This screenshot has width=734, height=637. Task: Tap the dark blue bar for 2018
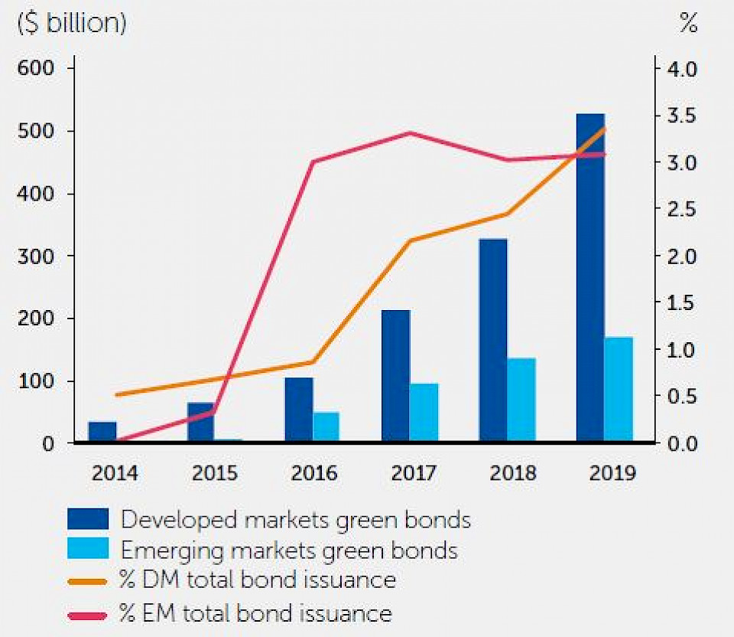click(x=493, y=340)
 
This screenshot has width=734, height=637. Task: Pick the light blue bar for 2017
click(x=424, y=412)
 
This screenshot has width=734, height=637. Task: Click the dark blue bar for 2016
click(x=299, y=410)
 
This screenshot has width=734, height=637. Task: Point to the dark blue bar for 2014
click(x=102, y=432)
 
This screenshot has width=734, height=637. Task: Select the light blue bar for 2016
click(x=326, y=426)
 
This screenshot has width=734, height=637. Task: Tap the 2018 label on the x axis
click(x=513, y=473)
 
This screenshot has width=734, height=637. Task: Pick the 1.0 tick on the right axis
click(x=683, y=350)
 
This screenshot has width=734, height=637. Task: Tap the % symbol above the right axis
click(x=688, y=24)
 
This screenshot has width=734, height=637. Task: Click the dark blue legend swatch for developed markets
click(x=88, y=520)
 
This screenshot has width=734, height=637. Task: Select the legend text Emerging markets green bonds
click(x=290, y=550)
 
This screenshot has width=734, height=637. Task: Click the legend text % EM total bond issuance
click(x=256, y=612)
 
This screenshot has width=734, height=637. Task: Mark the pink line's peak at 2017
click(x=410, y=133)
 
